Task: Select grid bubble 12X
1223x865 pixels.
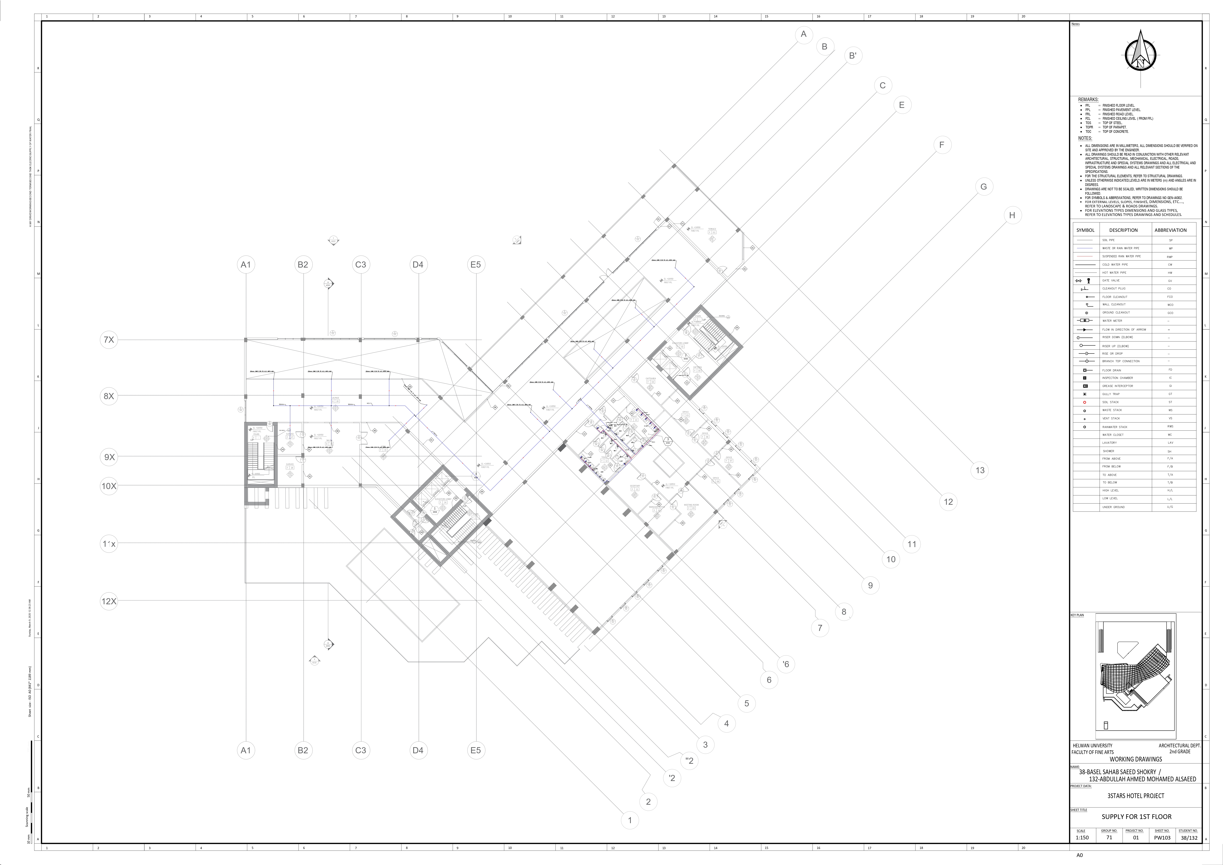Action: pyautogui.click(x=109, y=601)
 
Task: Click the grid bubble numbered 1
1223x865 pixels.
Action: pyautogui.click(x=630, y=820)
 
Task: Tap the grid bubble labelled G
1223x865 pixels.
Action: pyautogui.click(x=983, y=186)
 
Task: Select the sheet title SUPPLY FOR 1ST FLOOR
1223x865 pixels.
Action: pyautogui.click(x=1136, y=817)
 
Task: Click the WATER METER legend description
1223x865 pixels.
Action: pyautogui.click(x=1112, y=321)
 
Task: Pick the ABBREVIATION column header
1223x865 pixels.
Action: pyautogui.click(x=1170, y=230)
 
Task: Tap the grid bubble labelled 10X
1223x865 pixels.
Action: pyautogui.click(x=109, y=486)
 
